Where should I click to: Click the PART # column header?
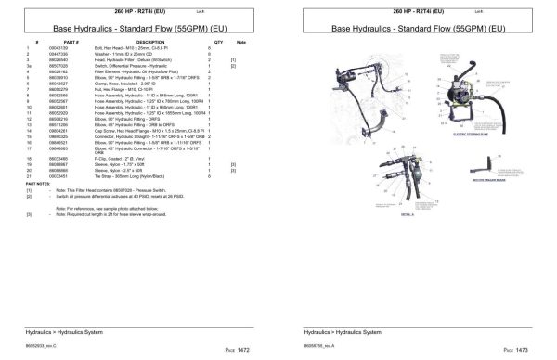click(71, 43)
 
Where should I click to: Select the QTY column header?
click(219, 43)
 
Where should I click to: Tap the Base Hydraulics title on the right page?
click(417, 29)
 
